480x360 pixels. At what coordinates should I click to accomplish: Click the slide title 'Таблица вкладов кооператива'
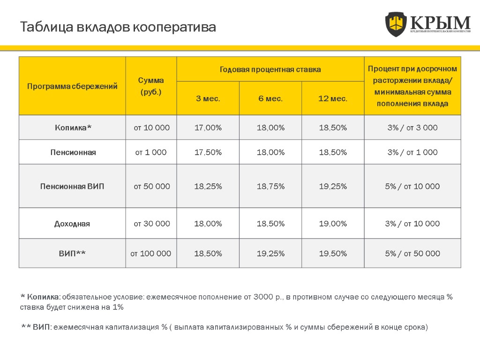pyautogui.click(x=118, y=27)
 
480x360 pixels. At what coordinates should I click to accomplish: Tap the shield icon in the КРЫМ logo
pyautogui.click(x=396, y=24)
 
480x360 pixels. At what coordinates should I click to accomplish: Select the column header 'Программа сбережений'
pyautogui.click(x=72, y=86)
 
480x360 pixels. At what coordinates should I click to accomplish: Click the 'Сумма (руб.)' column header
pyautogui.click(x=151, y=86)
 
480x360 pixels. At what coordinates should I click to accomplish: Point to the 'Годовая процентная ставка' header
pyautogui.click(x=270, y=69)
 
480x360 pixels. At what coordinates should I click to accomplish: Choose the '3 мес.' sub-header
pyautogui.click(x=208, y=98)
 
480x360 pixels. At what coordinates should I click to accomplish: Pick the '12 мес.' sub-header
pyautogui.click(x=333, y=98)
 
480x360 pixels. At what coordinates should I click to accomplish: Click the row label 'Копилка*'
pyautogui.click(x=72, y=127)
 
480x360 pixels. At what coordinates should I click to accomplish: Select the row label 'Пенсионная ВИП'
pyautogui.click(x=72, y=186)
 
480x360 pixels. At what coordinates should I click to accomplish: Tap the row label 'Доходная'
pyautogui.click(x=72, y=224)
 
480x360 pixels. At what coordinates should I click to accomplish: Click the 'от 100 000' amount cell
pyautogui.click(x=151, y=254)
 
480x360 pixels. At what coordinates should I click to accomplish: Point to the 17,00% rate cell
pyautogui.click(x=208, y=127)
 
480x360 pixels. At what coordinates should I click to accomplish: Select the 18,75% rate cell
pyautogui.click(x=270, y=186)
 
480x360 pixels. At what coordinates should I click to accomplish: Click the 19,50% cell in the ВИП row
pyautogui.click(x=333, y=254)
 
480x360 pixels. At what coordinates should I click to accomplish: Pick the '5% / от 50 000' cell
pyautogui.click(x=412, y=254)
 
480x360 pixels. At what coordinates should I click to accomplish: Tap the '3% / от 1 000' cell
pyautogui.click(x=412, y=152)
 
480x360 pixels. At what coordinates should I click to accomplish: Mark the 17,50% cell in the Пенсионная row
pyautogui.click(x=208, y=152)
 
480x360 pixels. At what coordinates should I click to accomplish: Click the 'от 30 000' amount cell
pyautogui.click(x=151, y=224)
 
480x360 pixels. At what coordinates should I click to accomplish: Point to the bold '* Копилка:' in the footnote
pyautogui.click(x=41, y=297)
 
